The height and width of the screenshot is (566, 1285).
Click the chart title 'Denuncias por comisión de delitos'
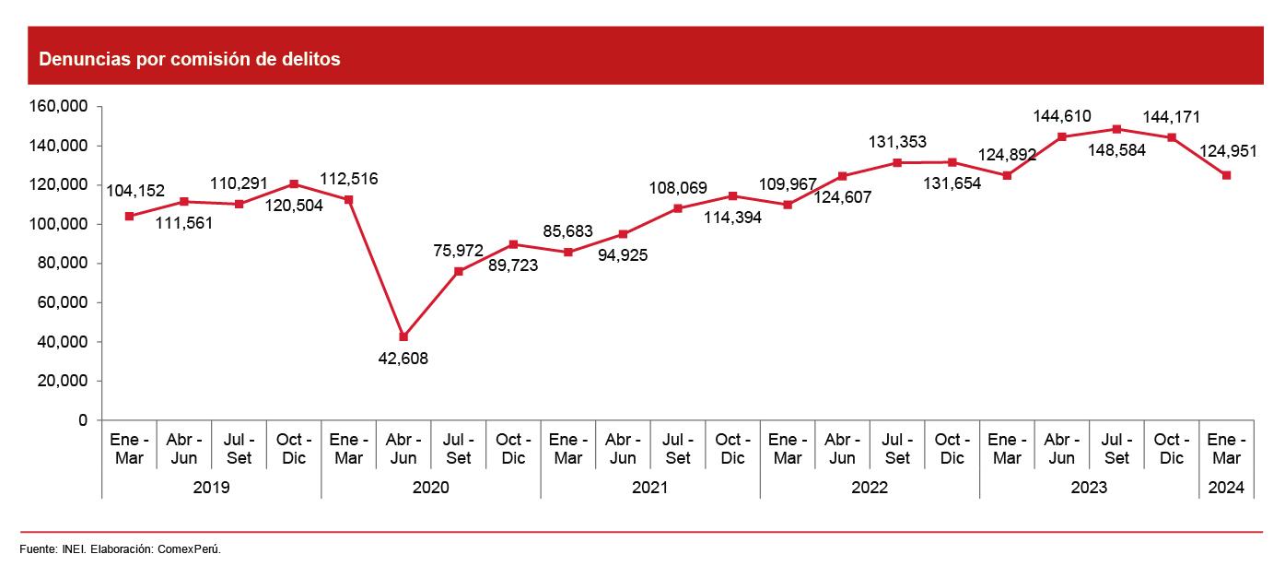(x=190, y=60)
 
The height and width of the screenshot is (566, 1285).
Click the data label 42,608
(x=403, y=358)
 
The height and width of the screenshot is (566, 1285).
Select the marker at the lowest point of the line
(x=403, y=336)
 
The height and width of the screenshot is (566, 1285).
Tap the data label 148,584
(x=1116, y=150)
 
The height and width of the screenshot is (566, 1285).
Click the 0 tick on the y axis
(x=83, y=420)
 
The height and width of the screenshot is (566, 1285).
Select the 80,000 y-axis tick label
(x=61, y=264)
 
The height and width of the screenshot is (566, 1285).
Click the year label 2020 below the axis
(x=430, y=488)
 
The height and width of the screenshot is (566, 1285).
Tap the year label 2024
(x=1226, y=488)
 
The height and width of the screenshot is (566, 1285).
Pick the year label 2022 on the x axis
(x=870, y=488)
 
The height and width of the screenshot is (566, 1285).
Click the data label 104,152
(x=135, y=191)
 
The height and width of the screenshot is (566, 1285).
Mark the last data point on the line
(x=1226, y=175)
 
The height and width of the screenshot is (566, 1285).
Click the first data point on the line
(x=129, y=216)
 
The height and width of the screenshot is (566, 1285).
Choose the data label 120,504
(x=293, y=206)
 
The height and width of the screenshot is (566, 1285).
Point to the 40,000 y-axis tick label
(x=61, y=342)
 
